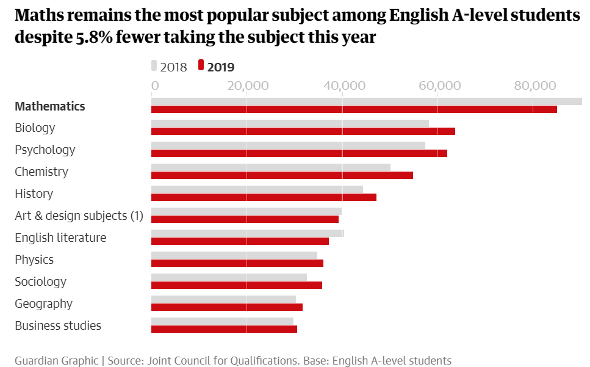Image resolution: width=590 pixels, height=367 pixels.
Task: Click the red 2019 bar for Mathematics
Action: [354, 109]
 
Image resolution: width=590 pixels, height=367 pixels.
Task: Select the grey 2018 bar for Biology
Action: [290, 123]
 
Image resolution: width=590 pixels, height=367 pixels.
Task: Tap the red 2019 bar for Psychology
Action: [299, 153]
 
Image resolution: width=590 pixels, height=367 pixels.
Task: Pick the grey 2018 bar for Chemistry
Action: [270, 167]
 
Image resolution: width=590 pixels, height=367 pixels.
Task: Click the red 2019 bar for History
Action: [264, 197]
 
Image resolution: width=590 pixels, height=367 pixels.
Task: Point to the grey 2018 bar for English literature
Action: [247, 233]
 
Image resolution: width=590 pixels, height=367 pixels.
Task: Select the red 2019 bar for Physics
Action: [237, 263]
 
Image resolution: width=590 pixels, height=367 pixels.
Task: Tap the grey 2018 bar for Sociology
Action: [229, 277]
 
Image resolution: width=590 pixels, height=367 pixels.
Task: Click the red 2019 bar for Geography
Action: [226, 307]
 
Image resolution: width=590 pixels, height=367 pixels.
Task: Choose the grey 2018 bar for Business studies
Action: [222, 321]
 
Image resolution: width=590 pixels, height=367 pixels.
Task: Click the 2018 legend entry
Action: [170, 67]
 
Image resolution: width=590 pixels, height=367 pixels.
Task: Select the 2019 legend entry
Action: [217, 67]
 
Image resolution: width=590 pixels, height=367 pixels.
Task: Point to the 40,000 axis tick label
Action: [342, 86]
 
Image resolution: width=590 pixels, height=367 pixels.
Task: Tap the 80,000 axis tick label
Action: [533, 86]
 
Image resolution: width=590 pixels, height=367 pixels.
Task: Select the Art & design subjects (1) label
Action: [79, 216]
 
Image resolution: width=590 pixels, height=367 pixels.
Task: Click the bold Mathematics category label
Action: [50, 106]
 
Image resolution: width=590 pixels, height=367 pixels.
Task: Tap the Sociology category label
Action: [40, 282]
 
